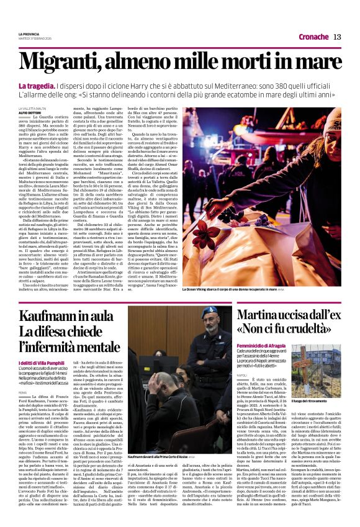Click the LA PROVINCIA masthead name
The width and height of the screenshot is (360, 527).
pos(29,34)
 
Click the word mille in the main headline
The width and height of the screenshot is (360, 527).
pos(195,62)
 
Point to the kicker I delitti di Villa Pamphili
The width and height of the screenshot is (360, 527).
pos(39,363)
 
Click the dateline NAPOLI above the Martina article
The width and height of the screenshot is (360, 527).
pos(241,375)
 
